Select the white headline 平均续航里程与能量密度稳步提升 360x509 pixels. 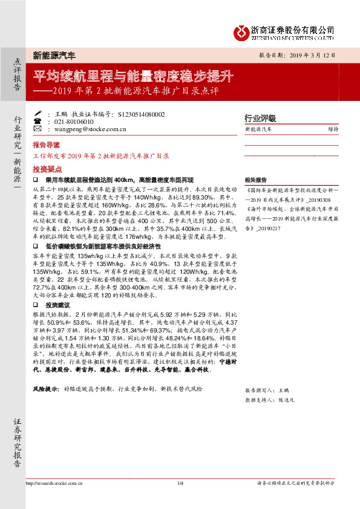133,77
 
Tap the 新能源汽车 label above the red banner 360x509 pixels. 54,56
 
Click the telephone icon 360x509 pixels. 38,122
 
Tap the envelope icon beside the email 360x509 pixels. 38,129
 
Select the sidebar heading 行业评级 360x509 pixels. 260,118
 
